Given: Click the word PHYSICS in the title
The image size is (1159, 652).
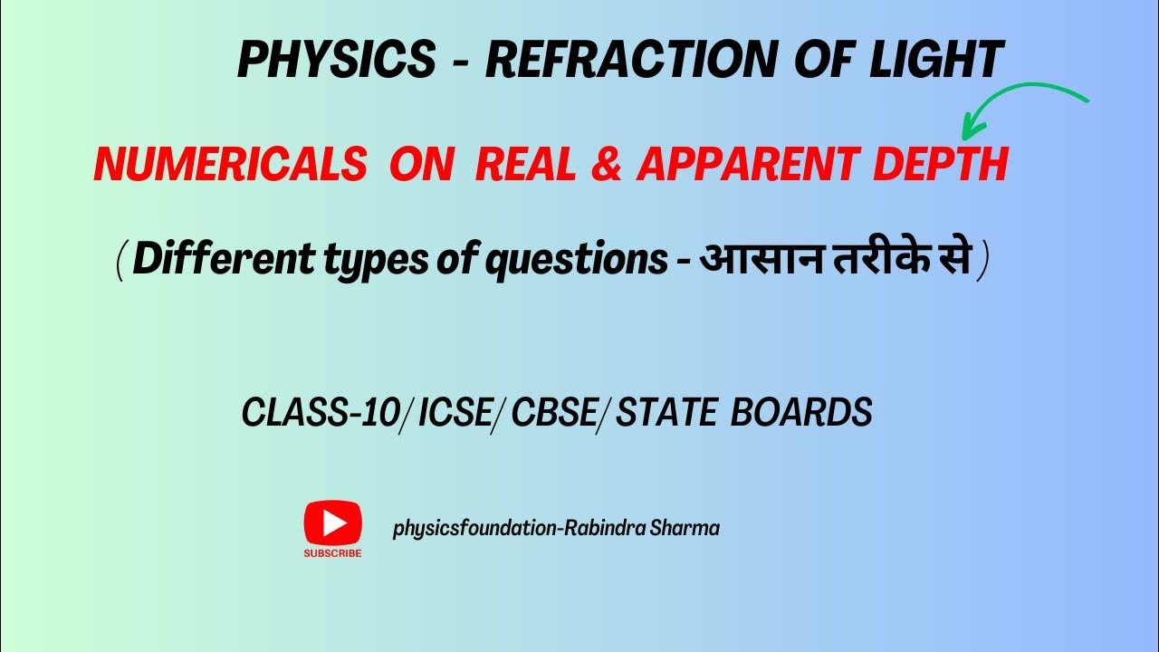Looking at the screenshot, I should click(336, 61).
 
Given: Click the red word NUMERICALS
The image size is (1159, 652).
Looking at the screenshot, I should click(230, 166).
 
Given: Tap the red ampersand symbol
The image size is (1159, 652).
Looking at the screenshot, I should click(608, 166).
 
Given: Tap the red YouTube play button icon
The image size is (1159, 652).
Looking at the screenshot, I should click(332, 523).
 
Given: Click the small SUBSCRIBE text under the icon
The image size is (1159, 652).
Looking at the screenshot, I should click(332, 552).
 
